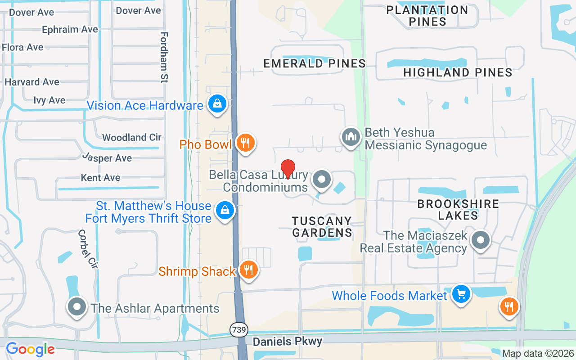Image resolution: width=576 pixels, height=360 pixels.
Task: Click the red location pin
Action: coord(288,169)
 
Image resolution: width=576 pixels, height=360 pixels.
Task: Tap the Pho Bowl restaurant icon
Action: coord(245,143)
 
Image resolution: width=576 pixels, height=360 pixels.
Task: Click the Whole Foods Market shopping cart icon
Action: coord(461,294)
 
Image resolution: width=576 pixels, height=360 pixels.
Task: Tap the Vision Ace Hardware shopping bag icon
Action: coord(217,104)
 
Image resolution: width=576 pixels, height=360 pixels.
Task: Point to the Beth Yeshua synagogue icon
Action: coord(351,137)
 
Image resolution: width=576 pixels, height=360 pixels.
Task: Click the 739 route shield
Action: coord(239,330)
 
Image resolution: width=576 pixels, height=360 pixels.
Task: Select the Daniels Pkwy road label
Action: coord(287,342)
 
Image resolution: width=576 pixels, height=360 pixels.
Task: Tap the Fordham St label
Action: coord(164,57)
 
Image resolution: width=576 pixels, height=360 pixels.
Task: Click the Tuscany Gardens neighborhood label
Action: coord(322,227)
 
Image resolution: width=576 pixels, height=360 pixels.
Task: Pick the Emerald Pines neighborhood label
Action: coord(315,63)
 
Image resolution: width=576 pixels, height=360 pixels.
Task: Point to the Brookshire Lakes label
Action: coord(458,209)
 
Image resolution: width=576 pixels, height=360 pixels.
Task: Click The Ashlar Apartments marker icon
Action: coord(77,307)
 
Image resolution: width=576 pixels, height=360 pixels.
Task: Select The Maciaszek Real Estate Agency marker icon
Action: coord(481,240)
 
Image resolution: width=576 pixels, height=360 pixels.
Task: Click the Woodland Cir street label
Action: coord(131,137)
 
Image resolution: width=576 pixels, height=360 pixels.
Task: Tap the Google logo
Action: coord(30,349)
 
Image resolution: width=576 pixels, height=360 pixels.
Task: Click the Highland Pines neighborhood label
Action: coord(458,72)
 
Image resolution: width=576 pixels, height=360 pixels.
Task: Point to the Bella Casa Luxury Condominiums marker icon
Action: coord(322,179)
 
